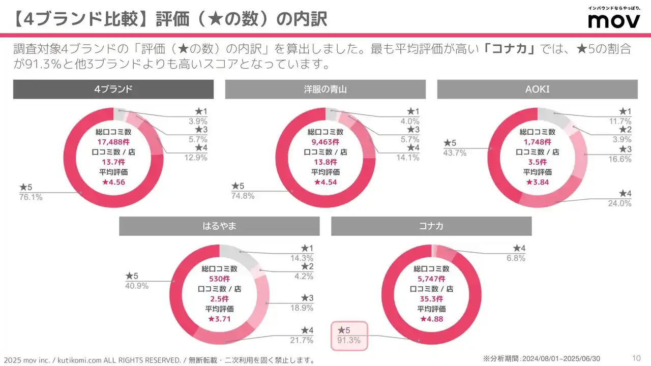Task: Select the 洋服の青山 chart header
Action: tap(325, 89)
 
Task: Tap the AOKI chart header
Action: tap(537, 89)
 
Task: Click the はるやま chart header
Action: tap(219, 226)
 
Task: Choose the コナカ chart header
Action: tap(431, 226)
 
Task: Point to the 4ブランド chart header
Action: tap(113, 89)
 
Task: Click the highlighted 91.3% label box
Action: tap(348, 335)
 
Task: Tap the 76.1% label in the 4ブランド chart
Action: tap(31, 197)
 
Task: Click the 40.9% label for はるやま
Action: tap(137, 286)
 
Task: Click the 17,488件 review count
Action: tap(113, 142)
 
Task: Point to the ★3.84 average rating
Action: tap(537, 182)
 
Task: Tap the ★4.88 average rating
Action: tap(431, 319)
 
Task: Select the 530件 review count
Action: tap(219, 279)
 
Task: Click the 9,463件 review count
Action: tap(325, 142)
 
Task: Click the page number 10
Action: tap(636, 357)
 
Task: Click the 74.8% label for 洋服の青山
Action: tap(243, 196)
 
